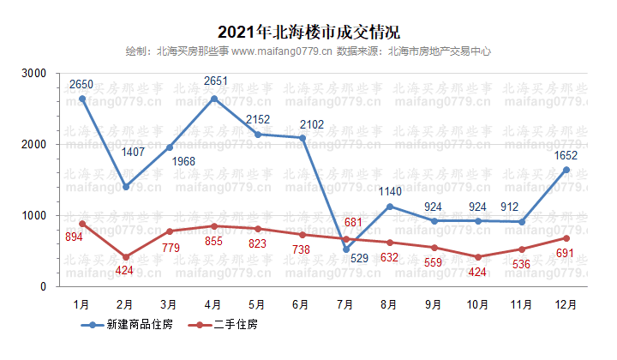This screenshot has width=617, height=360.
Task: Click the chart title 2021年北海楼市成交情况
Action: click(x=308, y=33)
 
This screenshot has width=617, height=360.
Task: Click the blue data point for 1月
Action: click(x=82, y=99)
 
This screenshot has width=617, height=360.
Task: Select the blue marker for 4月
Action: click(x=214, y=99)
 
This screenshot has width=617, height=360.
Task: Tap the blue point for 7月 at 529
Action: click(x=346, y=249)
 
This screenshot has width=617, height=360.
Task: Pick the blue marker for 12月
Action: click(x=566, y=170)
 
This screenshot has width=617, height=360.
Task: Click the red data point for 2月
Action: click(x=126, y=257)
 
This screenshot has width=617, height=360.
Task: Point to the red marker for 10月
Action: click(x=478, y=257)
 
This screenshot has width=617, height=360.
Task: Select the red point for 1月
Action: click(x=82, y=224)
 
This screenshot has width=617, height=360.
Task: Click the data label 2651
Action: click(x=215, y=81)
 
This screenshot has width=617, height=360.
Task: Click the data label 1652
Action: click(x=566, y=155)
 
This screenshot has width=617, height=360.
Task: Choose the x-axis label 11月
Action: click(x=522, y=303)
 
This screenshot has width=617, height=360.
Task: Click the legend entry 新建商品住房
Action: click(x=129, y=326)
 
